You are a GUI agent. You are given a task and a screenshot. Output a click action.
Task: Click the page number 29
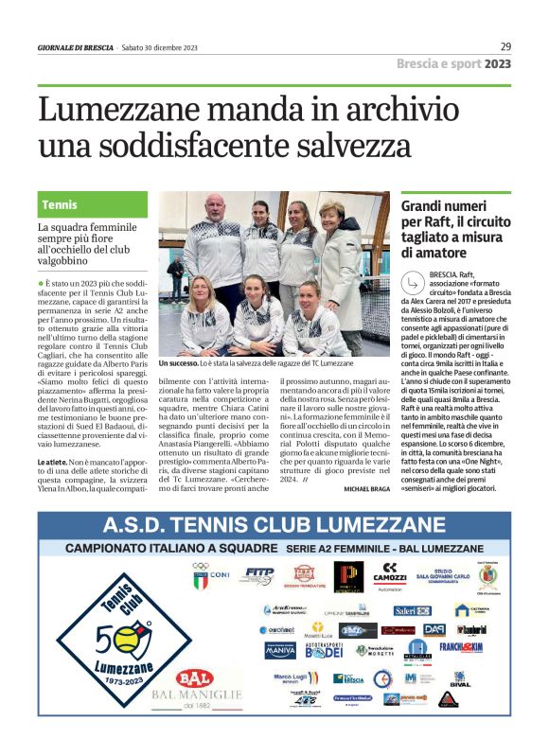(505, 46)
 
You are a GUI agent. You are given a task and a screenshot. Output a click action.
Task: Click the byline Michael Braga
(367, 487)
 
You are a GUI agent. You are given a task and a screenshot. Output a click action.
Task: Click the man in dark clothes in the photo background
(176, 275)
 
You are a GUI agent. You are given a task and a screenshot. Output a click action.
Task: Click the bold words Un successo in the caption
(177, 363)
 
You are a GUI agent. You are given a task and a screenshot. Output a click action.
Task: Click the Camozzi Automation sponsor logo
(389, 575)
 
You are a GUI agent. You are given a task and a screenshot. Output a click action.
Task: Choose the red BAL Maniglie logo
(193, 679)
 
